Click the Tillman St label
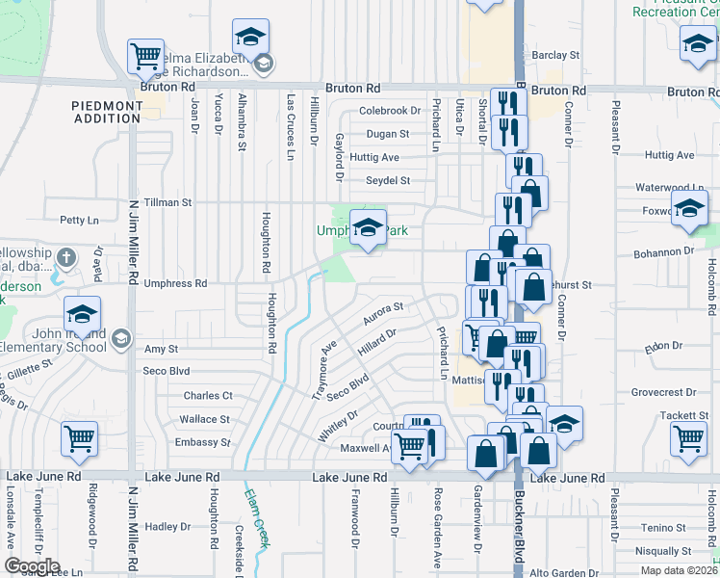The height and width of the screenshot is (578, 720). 167,203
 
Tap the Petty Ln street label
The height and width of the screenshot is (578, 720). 79,221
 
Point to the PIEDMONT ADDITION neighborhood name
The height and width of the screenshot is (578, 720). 106,112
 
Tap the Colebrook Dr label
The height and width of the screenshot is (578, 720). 390,112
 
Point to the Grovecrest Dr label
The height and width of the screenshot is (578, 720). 663,393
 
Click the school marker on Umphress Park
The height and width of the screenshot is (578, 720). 367,228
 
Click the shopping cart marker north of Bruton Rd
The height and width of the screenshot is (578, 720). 145,56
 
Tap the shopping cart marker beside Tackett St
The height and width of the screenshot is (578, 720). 690,438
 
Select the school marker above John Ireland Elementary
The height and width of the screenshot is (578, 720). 83,314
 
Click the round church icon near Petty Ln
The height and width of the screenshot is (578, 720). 65,258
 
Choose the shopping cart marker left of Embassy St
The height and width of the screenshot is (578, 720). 79,439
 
